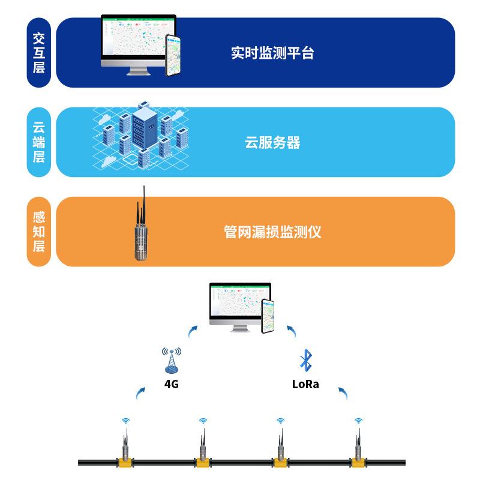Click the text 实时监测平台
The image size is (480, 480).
click(x=272, y=53)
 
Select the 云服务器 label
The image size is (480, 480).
click(x=272, y=143)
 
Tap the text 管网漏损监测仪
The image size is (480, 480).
click(x=272, y=232)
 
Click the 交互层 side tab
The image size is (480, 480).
click(x=39, y=53)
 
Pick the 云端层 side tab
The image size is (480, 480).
click(x=39, y=142)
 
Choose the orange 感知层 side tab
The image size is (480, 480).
click(x=39, y=232)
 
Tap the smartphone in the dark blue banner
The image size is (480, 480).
click(x=173, y=55)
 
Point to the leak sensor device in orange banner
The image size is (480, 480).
click(x=142, y=231)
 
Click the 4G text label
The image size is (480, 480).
click(x=172, y=385)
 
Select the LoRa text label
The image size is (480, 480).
click(x=305, y=385)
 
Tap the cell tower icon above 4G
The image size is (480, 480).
click(x=172, y=360)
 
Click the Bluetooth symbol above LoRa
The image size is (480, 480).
click(x=305, y=360)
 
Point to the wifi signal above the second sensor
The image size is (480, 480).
click(x=203, y=421)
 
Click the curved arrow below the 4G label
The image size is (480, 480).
click(x=140, y=393)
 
